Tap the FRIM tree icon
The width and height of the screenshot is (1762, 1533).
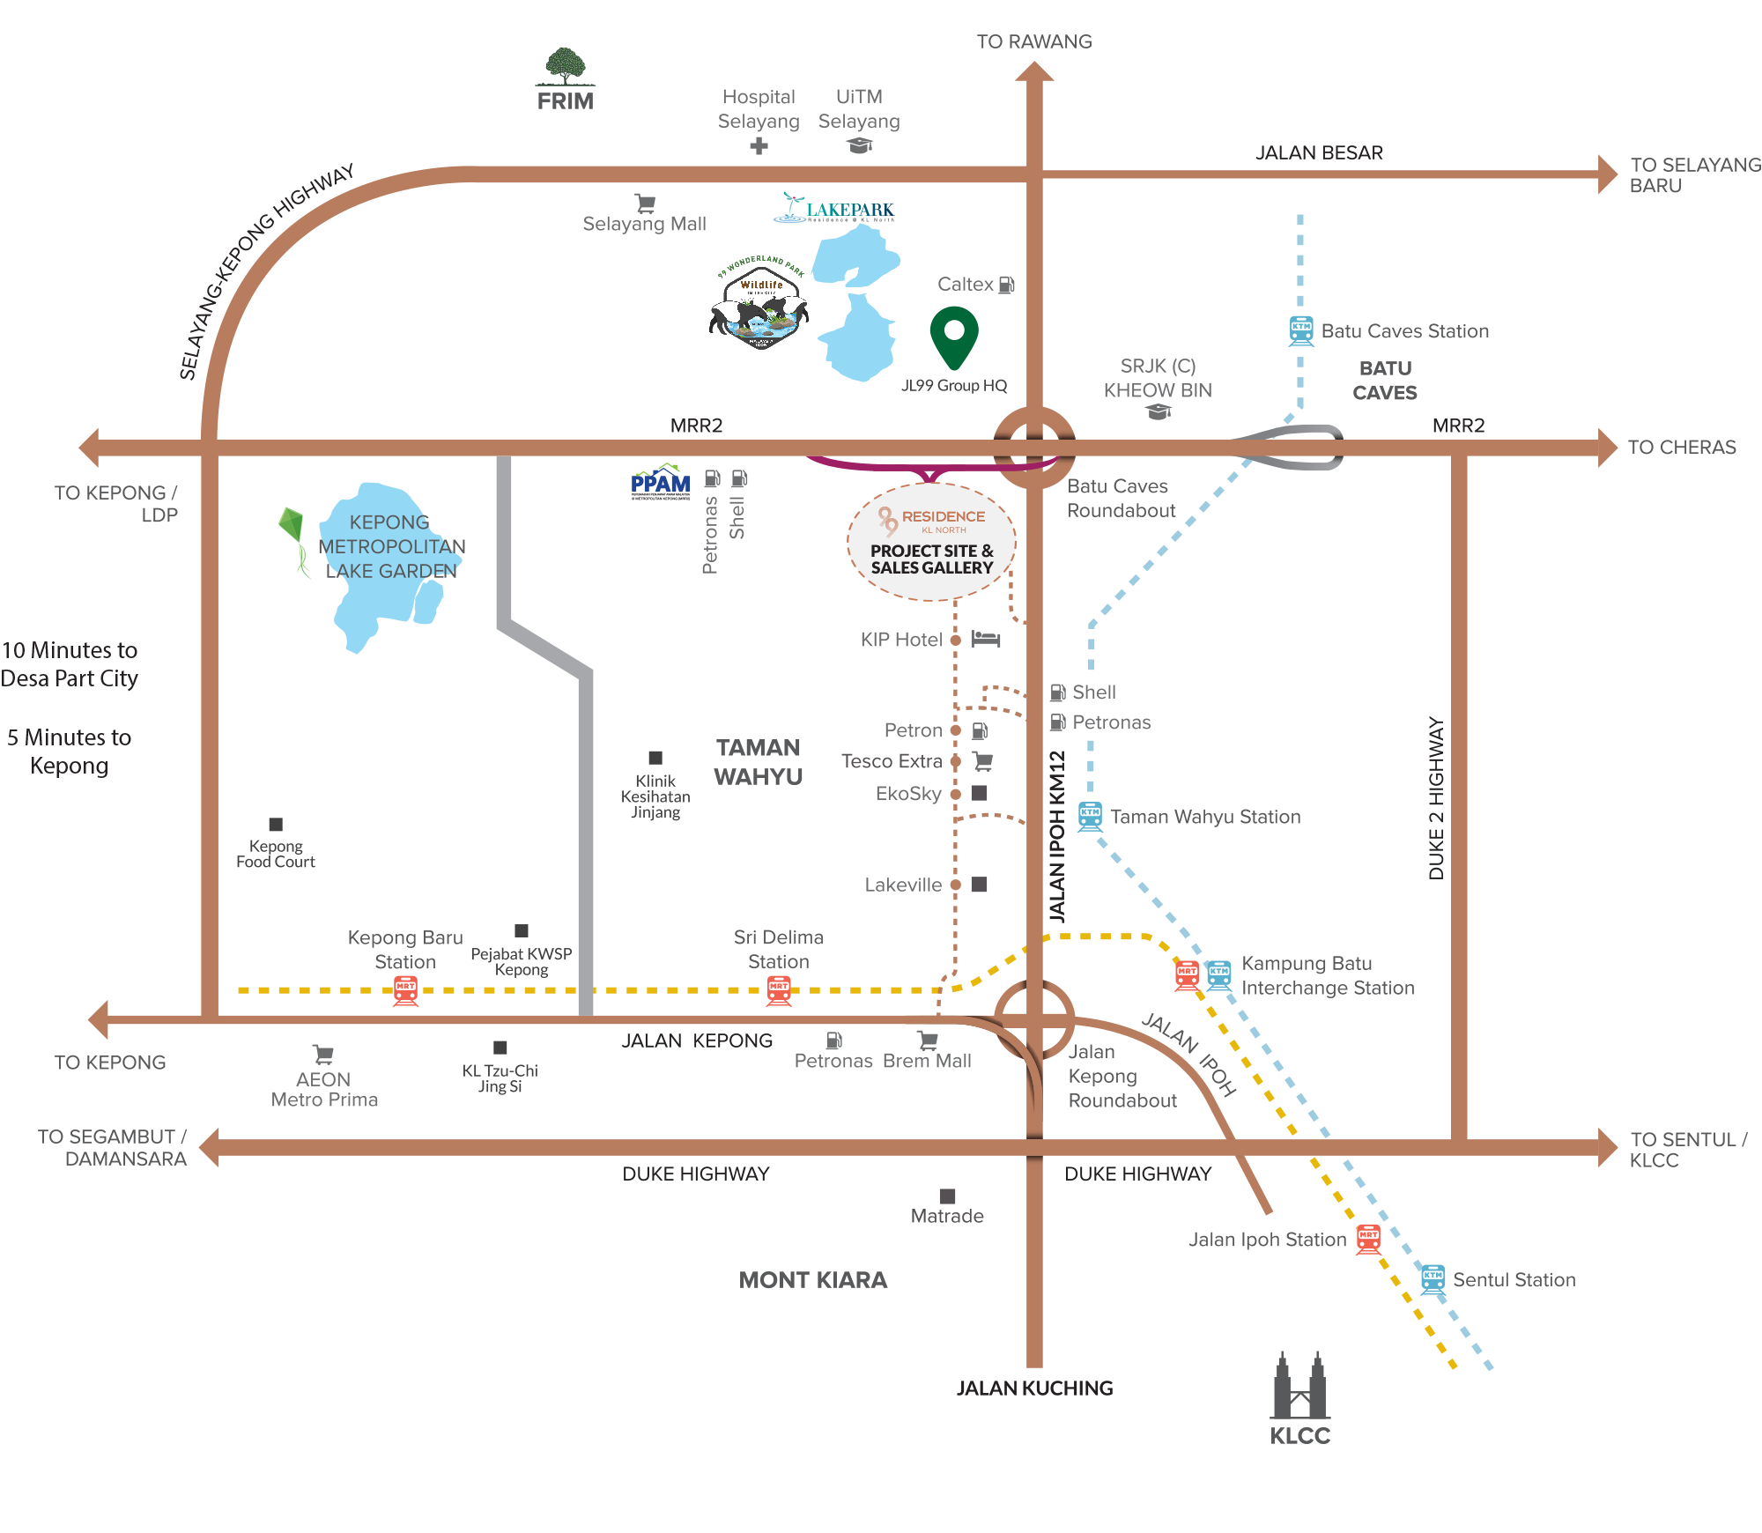pyautogui.click(x=565, y=66)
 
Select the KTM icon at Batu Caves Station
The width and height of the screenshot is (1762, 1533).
pyautogui.click(x=1301, y=330)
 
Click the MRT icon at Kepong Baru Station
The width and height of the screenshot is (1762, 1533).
pyautogui.click(x=405, y=991)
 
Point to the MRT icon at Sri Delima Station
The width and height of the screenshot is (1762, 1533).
pyautogui.click(x=779, y=991)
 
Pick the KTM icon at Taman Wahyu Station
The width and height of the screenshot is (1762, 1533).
pyautogui.click(x=1090, y=817)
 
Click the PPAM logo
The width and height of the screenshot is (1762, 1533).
pyautogui.click(x=661, y=481)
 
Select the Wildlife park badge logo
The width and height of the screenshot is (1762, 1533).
pyautogui.click(x=759, y=306)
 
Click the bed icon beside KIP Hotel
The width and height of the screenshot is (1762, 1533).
pyautogui.click(x=986, y=639)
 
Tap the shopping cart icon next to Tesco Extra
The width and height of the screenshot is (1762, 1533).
pyautogui.click(x=982, y=760)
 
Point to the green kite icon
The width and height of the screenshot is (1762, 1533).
pyautogui.click(x=293, y=538)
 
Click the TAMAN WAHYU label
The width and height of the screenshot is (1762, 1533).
pyautogui.click(x=758, y=762)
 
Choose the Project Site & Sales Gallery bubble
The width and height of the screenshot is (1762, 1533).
pyautogui.click(x=931, y=542)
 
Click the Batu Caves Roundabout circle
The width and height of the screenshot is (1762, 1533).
pyautogui.click(x=1034, y=447)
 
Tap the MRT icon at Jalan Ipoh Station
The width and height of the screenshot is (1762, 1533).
pyautogui.click(x=1367, y=1239)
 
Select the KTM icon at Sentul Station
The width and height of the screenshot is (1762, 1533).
pyautogui.click(x=1433, y=1278)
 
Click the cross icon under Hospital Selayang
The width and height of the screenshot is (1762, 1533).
pyautogui.click(x=759, y=146)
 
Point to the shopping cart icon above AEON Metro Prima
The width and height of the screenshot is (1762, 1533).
pyautogui.click(x=323, y=1054)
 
